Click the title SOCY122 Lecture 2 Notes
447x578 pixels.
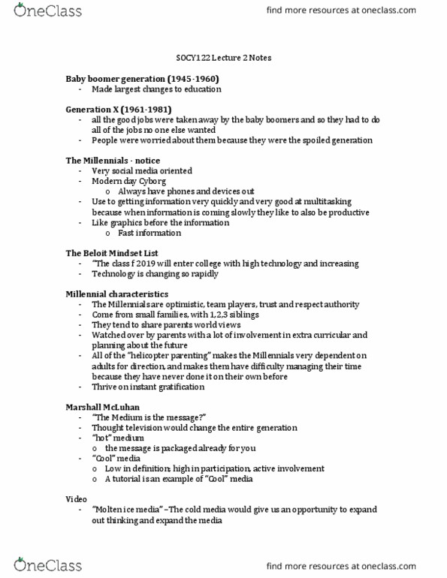pos(223,58)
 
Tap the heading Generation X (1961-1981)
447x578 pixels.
pos(116,110)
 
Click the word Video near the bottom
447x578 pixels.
pos(76,499)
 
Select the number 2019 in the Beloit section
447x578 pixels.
pos(148,263)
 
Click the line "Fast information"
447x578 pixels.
pos(149,233)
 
